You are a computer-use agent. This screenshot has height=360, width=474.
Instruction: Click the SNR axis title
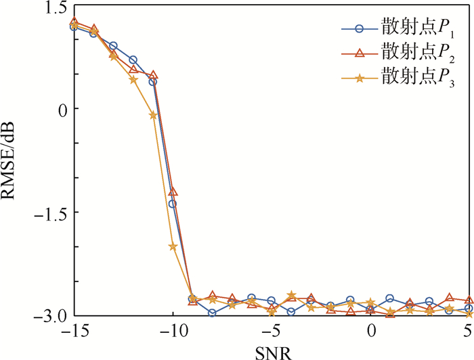[271, 352]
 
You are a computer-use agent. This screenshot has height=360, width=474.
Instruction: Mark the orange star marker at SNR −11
[153, 115]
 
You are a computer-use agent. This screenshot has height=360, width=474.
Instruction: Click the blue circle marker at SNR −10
[173, 204]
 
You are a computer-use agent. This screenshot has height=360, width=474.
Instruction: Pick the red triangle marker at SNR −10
[173, 192]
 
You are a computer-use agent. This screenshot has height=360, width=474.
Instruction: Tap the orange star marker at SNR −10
[173, 247]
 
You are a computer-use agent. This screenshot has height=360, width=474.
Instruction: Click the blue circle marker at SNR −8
[213, 313]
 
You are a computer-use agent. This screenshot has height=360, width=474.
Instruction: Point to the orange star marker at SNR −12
[133, 80]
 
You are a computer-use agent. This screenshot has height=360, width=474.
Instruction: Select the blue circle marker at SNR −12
[133, 60]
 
